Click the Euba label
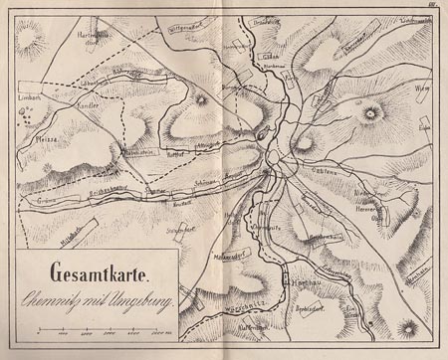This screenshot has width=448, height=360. [x=424, y=126]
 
